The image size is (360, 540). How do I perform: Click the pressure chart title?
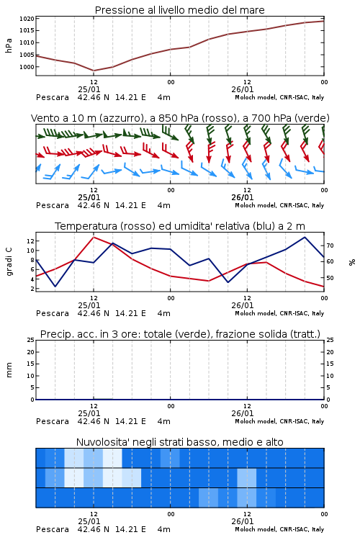(179, 10)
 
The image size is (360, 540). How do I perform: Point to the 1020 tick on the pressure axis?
(27, 19)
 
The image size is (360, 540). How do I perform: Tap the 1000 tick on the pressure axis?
(27, 67)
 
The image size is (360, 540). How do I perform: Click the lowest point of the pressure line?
(94, 71)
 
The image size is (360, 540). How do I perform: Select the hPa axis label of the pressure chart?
(9, 45)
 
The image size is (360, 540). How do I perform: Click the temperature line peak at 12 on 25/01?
(94, 237)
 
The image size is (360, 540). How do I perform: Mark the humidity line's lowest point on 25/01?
(55, 286)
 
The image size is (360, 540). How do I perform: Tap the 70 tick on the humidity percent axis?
(330, 246)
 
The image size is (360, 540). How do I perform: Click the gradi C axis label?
(9, 262)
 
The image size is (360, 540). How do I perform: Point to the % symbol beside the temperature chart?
(352, 262)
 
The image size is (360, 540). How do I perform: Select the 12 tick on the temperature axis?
(31, 241)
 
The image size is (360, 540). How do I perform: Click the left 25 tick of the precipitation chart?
(31, 340)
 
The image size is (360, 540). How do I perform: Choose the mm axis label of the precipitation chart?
(9, 370)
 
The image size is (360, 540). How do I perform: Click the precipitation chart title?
(180, 334)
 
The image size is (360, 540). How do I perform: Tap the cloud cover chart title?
(179, 442)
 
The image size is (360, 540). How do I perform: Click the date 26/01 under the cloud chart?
(243, 521)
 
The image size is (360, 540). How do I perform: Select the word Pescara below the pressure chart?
(53, 97)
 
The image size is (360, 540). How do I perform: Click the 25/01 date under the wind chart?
(89, 197)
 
